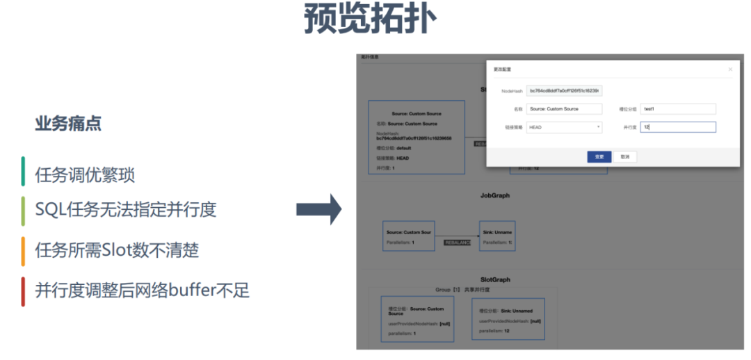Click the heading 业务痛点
click(68, 124)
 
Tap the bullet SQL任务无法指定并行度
click(126, 208)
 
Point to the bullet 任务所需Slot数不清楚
click(117, 249)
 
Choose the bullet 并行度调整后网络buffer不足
click(142, 290)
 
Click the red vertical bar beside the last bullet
click(23, 291)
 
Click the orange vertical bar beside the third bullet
click(23, 250)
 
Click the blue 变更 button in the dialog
click(599, 157)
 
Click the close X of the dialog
click(730, 69)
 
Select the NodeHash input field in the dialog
click(564, 91)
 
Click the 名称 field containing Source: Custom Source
click(564, 109)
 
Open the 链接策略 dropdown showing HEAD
click(564, 127)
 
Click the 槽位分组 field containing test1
click(678, 109)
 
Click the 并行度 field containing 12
click(678, 127)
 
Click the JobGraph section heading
click(495, 196)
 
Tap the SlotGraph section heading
click(495, 279)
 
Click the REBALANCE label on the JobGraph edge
click(458, 243)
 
